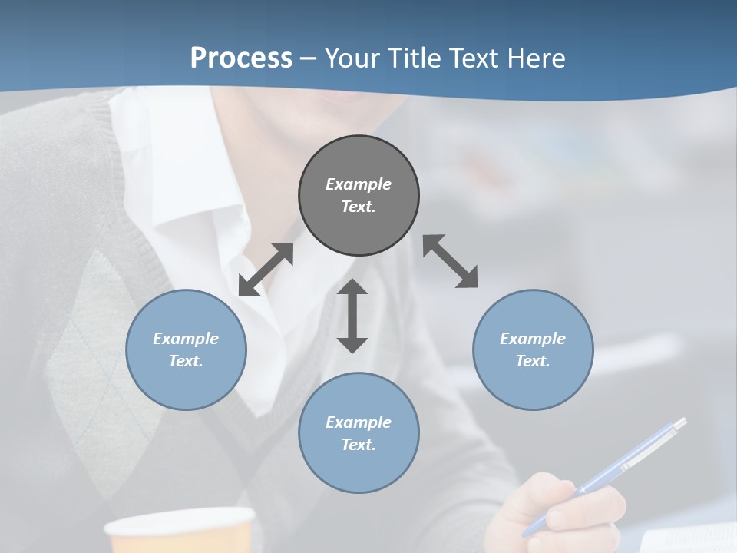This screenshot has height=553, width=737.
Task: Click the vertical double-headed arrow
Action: tap(352, 316)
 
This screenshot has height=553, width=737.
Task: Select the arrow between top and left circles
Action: tap(266, 270)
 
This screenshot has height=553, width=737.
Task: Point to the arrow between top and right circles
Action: tap(450, 261)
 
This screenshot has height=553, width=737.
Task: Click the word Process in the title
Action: tap(241, 58)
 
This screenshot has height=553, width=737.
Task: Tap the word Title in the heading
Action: tap(415, 58)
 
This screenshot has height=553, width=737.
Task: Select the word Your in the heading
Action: tap(352, 58)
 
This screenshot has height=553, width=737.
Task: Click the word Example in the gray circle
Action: tap(359, 184)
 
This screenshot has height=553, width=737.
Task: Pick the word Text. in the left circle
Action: tap(186, 361)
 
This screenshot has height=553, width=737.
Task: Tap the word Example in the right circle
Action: tap(533, 339)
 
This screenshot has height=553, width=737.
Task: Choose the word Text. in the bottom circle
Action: tap(359, 445)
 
